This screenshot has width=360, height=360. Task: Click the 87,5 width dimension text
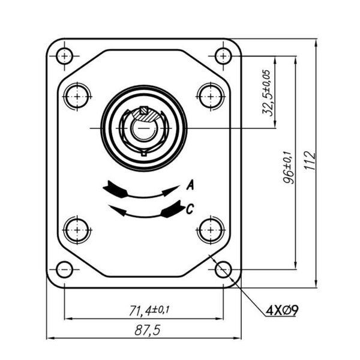coord(147,331)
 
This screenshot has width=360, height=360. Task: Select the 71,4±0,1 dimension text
coord(149,310)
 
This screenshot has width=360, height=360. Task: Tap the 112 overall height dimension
coord(310,160)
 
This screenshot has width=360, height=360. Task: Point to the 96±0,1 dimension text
coord(288,167)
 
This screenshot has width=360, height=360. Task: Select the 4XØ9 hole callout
coord(282,310)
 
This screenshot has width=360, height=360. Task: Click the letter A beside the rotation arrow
coord(190,185)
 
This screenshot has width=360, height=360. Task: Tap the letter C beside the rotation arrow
coord(190,209)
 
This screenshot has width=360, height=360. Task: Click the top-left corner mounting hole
coord(65,56)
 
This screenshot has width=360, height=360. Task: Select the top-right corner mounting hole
coord(223,56)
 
